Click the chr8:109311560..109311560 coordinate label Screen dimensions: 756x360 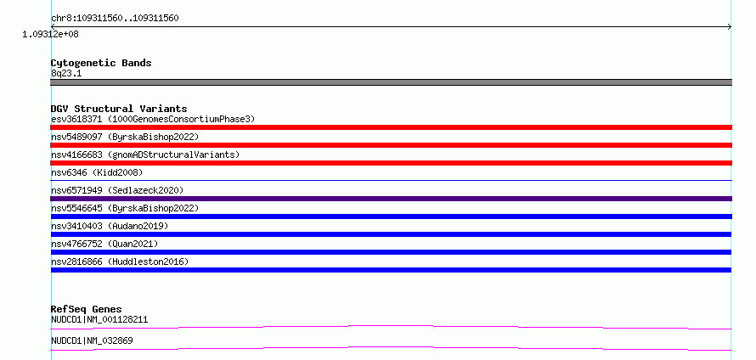point(115,19)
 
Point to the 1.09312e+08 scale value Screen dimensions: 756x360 point(51,35)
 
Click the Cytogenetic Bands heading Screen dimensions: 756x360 point(101,63)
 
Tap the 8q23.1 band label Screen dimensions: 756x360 point(66,74)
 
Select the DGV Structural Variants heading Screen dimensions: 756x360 point(119,109)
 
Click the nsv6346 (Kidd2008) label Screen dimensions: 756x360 point(97,172)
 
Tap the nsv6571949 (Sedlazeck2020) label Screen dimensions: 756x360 point(117,190)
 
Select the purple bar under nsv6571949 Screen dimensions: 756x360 point(391,199)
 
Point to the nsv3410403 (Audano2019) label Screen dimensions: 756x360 point(110,226)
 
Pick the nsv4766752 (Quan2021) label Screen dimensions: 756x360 point(104,244)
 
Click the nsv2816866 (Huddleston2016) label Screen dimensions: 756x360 point(120,262)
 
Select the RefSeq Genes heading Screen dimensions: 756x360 point(87,309)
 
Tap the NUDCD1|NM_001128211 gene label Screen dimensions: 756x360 point(99,319)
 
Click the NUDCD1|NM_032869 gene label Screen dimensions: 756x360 point(92,340)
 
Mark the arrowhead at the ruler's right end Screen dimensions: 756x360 point(730,27)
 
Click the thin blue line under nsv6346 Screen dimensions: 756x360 point(391,181)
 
